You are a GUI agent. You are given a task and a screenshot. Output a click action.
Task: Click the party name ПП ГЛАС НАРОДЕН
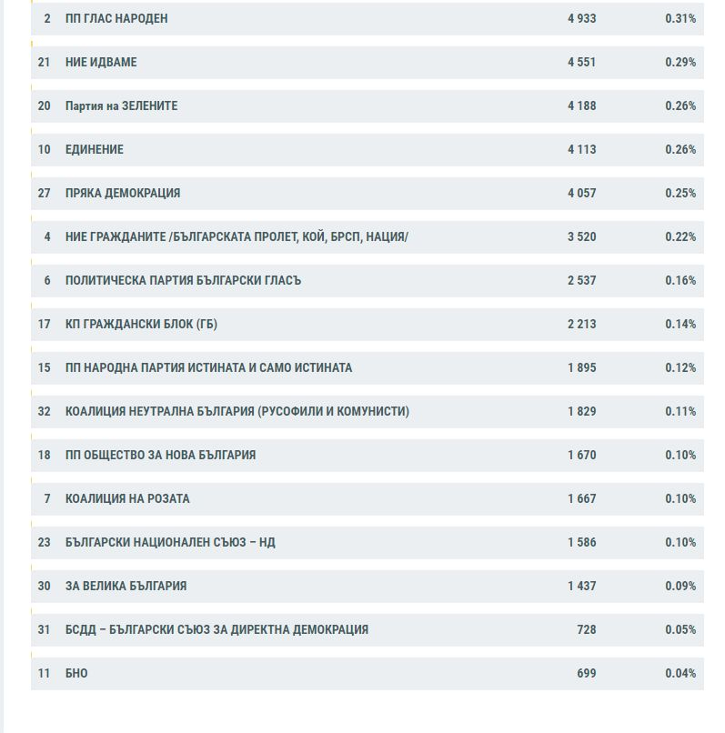click(116, 19)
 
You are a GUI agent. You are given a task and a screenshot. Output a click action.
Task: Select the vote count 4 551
click(582, 62)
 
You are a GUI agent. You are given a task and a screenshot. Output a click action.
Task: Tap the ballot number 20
click(44, 106)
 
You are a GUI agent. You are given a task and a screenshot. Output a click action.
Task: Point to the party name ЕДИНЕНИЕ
click(95, 149)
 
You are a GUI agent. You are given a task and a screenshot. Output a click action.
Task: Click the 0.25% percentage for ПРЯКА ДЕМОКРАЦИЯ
click(680, 193)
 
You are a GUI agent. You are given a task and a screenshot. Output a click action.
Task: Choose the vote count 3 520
click(582, 237)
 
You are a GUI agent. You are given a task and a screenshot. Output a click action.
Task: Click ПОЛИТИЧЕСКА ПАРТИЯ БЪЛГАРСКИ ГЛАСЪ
click(184, 280)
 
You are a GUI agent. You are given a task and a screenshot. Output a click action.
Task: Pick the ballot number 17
click(44, 324)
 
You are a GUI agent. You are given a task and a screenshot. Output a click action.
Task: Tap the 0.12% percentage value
click(680, 368)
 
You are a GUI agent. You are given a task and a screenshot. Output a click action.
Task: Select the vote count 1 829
click(582, 411)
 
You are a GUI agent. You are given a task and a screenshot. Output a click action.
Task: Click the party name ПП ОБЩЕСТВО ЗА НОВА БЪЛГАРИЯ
click(160, 455)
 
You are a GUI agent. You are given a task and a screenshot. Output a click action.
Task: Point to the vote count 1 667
click(582, 498)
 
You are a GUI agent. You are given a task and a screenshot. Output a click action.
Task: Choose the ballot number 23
click(44, 542)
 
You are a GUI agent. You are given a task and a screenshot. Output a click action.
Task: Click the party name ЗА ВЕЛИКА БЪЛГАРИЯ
click(126, 586)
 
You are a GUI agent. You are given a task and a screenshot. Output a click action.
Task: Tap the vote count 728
click(587, 629)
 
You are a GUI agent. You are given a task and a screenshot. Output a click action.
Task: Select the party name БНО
click(76, 673)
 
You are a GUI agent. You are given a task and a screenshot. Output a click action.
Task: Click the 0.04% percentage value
click(680, 673)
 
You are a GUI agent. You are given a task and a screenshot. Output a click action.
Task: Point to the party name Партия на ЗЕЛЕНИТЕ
click(122, 106)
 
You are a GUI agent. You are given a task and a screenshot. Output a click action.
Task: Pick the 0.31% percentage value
click(680, 19)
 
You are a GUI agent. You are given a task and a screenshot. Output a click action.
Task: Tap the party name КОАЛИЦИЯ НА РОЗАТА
click(127, 498)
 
